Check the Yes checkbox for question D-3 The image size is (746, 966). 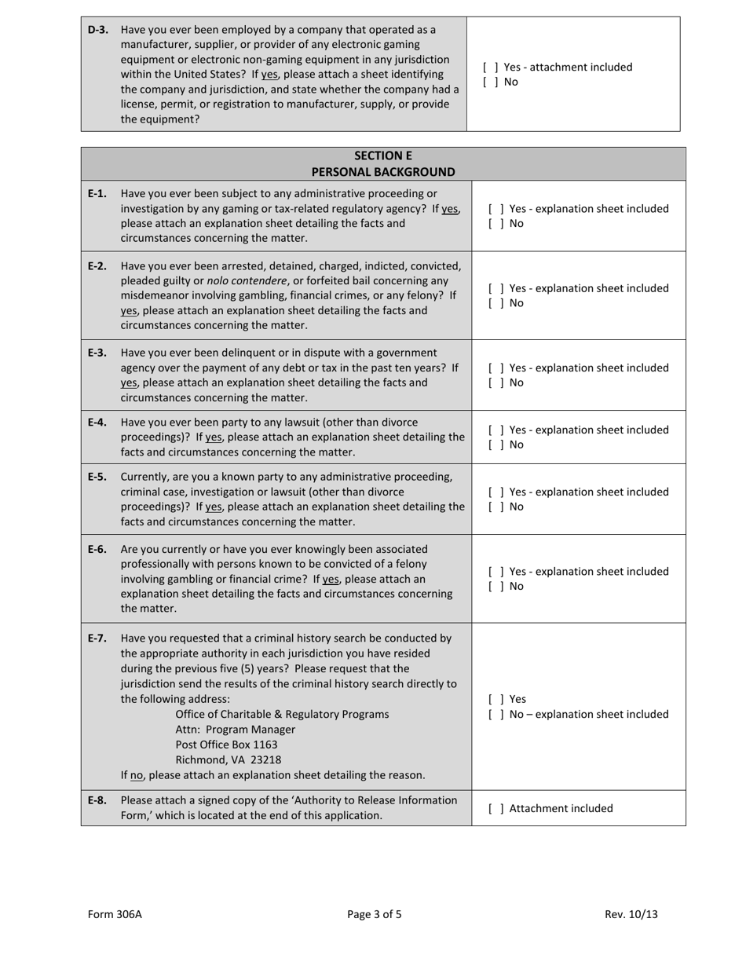[x=491, y=68]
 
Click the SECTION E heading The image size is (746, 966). [x=382, y=156]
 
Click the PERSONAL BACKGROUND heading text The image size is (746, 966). [x=382, y=172]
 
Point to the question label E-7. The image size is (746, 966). [x=97, y=639]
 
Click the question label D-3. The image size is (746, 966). [x=97, y=30]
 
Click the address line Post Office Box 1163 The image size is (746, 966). [x=226, y=745]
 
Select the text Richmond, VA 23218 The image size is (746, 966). [x=228, y=759]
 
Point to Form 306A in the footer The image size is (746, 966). [x=115, y=914]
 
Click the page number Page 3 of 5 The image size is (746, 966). [x=375, y=914]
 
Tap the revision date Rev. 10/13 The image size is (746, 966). [x=631, y=914]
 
